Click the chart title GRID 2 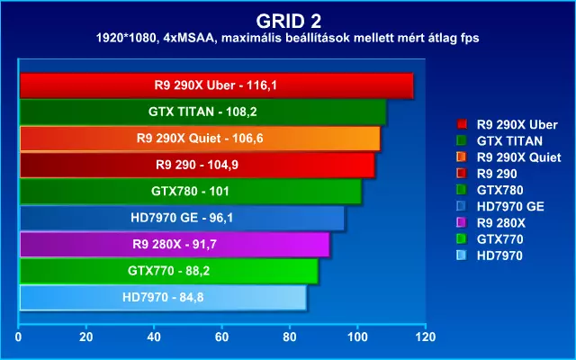288,22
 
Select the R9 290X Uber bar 216,85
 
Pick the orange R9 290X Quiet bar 200,139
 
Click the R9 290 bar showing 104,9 197,165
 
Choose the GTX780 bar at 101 191,192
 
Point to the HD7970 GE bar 182,218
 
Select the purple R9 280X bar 175,244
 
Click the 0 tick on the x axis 18,337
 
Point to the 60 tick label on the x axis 222,337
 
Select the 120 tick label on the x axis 426,337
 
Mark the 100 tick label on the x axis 358,337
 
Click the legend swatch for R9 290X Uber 462,124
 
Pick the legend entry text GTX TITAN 509,141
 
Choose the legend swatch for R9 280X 462,222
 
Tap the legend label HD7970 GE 510,206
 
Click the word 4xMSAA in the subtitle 189,38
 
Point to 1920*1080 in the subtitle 125,38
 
